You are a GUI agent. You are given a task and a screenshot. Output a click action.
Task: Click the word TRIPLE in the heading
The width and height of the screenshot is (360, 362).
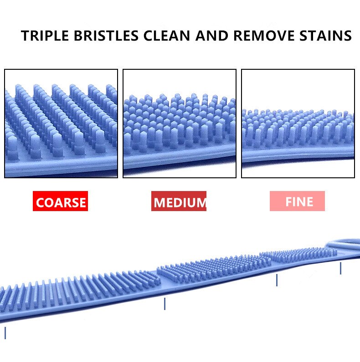[45, 36]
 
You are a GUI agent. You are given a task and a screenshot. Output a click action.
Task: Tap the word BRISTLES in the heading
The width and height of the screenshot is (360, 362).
[106, 36]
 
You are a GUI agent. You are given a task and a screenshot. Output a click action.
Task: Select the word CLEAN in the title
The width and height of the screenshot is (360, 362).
[167, 36]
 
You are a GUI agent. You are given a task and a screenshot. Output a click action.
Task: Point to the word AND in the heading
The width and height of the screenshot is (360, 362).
[211, 36]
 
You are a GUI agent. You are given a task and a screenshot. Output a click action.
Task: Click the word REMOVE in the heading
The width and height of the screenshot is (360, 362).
[264, 36]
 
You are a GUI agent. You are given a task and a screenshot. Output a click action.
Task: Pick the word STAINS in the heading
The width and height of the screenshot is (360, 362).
[326, 36]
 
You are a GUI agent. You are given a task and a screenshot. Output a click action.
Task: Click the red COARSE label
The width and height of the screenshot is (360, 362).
[60, 201]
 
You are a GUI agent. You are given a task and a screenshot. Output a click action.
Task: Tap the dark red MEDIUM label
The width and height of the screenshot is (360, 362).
[179, 201]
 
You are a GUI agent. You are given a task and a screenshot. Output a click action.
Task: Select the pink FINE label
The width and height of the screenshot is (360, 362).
[297, 201]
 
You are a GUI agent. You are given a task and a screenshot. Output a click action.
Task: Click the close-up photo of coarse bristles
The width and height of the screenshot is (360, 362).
[61, 124]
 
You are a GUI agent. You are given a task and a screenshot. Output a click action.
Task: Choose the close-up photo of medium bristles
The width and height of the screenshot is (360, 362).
[180, 124]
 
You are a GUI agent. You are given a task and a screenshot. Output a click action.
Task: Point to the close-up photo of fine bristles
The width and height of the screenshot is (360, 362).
[298, 124]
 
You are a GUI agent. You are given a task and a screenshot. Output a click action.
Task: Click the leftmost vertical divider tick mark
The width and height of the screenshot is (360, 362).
[5, 333]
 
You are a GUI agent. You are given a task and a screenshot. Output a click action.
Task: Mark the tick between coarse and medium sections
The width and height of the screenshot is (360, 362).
[165, 304]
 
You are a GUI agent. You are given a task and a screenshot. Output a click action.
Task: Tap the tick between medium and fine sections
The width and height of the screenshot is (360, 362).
[277, 280]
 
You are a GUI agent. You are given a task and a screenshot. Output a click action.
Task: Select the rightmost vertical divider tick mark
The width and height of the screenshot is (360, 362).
[340, 268]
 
